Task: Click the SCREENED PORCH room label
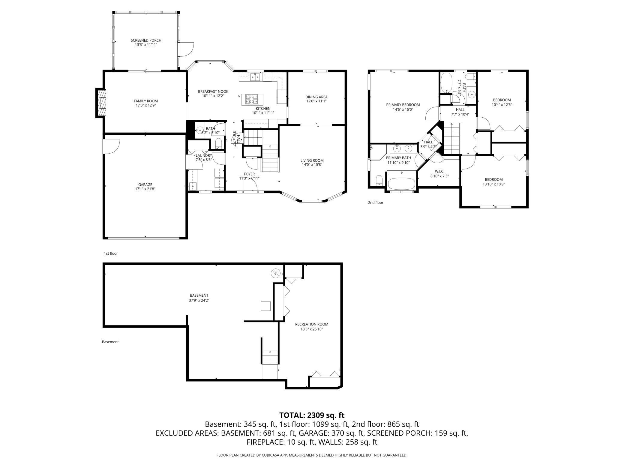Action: pos(146,40)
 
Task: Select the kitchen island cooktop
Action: pos(252,99)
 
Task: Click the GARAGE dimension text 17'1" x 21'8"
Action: pos(145,189)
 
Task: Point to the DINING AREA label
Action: pos(316,97)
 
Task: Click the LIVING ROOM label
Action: pos(312,160)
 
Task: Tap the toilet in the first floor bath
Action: pos(219,143)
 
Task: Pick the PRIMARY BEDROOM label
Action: pos(403,105)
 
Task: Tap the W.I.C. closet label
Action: pos(439,171)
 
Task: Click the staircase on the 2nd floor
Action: pos(451,138)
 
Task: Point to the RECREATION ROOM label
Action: pos(311,324)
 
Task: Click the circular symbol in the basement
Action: pos(275,273)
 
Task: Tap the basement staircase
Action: pos(270,357)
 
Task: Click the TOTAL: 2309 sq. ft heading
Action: pos(312,415)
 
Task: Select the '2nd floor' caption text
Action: pos(376,202)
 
